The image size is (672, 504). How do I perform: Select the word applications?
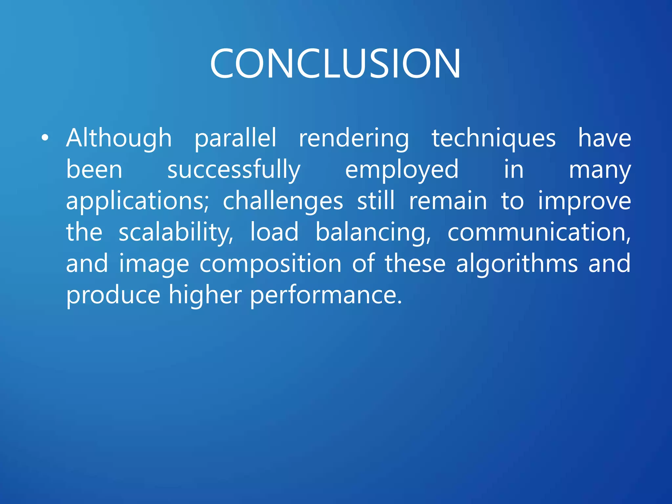pos(137,201)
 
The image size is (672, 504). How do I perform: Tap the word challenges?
pos(283,201)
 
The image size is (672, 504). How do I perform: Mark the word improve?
pos(584,201)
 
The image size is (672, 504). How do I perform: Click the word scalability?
pos(176,232)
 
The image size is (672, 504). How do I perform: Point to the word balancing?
pos(373,232)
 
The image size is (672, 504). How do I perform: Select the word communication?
pos(539,232)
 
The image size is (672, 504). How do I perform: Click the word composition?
pos(270,264)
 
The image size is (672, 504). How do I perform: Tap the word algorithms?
pos(516,264)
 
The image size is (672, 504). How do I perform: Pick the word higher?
pos(205,295)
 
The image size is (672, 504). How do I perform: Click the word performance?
pos(325,295)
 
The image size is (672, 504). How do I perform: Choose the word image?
pos(154,264)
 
